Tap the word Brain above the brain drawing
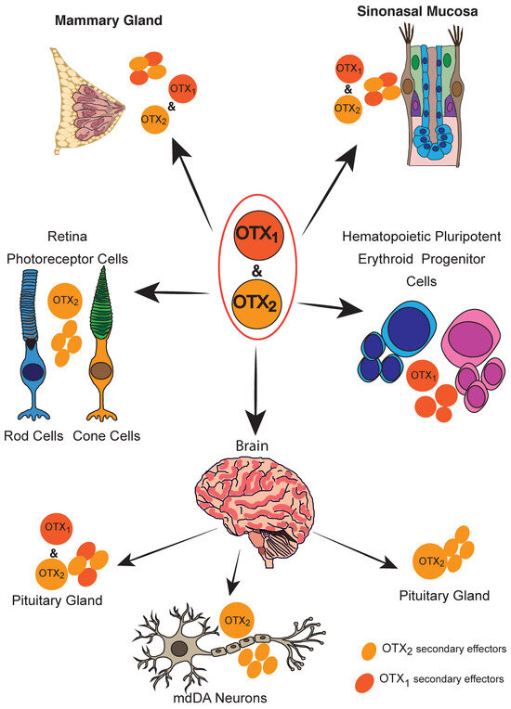[x=251, y=446]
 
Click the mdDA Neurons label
[x=230, y=697]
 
